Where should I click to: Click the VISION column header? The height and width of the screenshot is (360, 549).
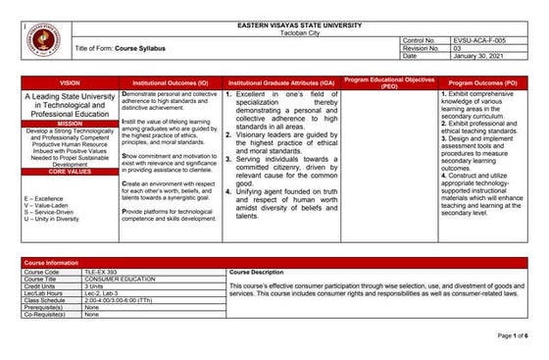(70, 83)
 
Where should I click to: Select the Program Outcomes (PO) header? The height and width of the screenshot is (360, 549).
(483, 83)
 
